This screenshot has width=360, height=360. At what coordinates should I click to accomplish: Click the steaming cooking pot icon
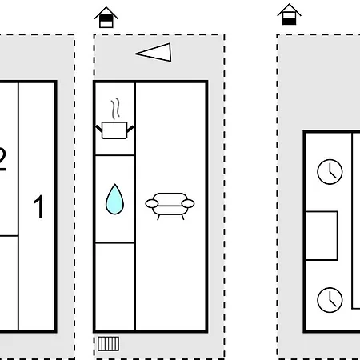[x=114, y=119]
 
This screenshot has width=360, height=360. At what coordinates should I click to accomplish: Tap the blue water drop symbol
[x=114, y=199]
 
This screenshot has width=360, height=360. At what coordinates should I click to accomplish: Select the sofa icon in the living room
[x=170, y=206]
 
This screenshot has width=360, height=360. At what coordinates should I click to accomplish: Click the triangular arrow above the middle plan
[x=154, y=52]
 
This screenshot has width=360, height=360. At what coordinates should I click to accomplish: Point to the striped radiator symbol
[x=108, y=344]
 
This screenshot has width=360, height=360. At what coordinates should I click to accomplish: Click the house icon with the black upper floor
[x=106, y=17]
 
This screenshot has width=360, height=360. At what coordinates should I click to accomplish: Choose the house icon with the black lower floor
[x=290, y=14]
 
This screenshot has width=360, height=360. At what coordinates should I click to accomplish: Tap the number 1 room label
[x=39, y=206]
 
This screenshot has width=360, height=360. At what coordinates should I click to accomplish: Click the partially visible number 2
[x=2, y=159]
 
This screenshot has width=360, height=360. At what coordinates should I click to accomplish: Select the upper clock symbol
[x=330, y=172]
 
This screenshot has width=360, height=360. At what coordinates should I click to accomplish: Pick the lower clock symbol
[x=330, y=300]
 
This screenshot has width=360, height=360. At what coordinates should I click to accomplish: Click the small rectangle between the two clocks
[x=322, y=236]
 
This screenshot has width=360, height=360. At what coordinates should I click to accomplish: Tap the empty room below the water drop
[x=115, y=286]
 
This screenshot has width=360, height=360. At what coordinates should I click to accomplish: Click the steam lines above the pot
[x=115, y=109]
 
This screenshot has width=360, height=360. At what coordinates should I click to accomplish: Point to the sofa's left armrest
[x=152, y=204]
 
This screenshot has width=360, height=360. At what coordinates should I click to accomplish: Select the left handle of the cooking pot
[x=98, y=129]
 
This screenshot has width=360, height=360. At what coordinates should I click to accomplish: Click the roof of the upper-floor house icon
[x=106, y=13]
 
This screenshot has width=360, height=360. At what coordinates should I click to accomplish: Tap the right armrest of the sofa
[x=188, y=204]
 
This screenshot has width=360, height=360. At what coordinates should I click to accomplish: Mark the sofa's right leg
[x=182, y=217]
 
